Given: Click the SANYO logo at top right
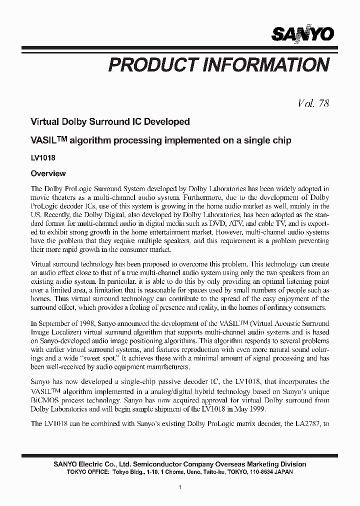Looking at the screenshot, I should click(302, 34).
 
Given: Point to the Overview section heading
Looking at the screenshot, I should click(48, 173).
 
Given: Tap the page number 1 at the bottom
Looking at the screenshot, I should click(180, 486).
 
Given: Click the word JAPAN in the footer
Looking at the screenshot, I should click(284, 471).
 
